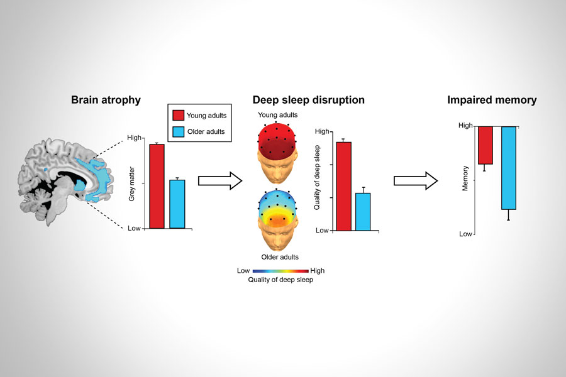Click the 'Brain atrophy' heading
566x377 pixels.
tap(105, 100)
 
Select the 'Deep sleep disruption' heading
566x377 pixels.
tap(308, 100)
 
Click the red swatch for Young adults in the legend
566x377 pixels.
tap(179, 115)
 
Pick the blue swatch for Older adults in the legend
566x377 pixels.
tap(179, 132)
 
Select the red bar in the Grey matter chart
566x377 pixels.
tap(157, 186)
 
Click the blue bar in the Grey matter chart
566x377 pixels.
tap(177, 204)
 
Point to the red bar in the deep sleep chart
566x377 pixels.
tap(343, 186)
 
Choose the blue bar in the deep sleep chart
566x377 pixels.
tap(363, 211)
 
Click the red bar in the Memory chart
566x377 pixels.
tap(485, 145)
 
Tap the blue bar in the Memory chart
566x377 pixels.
tap(509, 168)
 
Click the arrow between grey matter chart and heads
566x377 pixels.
tap(219, 181)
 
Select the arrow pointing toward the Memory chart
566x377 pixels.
tap(415, 181)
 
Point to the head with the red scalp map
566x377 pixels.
tap(277, 151)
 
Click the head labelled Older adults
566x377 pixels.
tap(277, 220)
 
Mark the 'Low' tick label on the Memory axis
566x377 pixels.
tap(465, 234)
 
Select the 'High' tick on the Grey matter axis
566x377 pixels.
tap(135, 138)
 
